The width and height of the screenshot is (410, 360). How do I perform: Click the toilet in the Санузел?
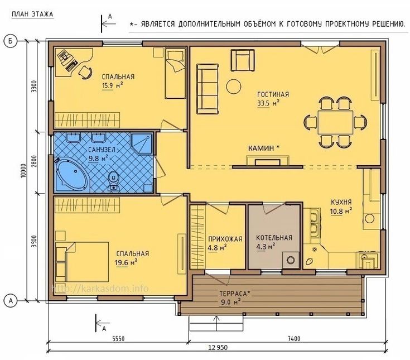tap(113, 180)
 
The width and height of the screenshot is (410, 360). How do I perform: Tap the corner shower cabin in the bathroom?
tap(142, 143)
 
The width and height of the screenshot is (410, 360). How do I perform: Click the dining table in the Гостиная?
tap(335, 122)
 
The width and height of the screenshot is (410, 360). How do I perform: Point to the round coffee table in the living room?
tap(234, 87)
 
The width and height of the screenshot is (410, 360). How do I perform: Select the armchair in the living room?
tap(243, 60)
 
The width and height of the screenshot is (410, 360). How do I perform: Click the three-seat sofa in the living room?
tap(208, 89)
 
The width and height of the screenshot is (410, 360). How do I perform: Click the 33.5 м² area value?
tap(268, 103)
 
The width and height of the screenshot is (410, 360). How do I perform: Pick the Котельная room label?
tap(274, 238)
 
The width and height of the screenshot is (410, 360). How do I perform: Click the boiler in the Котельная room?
tap(291, 260)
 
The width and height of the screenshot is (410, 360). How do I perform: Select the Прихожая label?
tap(225, 239)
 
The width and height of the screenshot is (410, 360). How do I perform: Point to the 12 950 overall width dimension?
tap(218, 347)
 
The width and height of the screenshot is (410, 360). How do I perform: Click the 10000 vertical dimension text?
tap(23, 171)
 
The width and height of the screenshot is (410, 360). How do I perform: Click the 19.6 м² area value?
tap(126, 262)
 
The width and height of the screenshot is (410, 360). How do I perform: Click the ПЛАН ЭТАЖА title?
tap(32, 14)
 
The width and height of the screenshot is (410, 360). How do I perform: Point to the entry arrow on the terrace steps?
tap(216, 323)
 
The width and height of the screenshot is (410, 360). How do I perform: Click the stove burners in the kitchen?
tap(313, 223)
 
